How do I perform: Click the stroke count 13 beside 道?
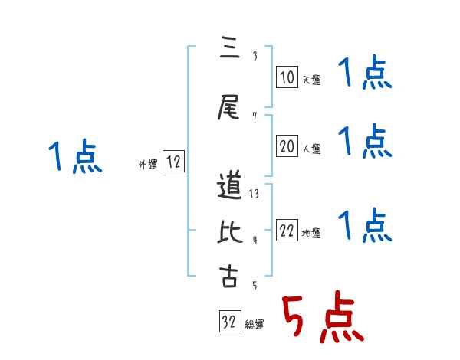click(x=254, y=194)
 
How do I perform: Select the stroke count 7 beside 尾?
click(x=255, y=116)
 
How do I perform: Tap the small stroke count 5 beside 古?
click(x=254, y=285)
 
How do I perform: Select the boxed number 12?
click(x=173, y=162)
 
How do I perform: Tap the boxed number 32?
click(x=228, y=322)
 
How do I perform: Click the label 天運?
click(x=311, y=80)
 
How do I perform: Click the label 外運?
click(x=148, y=164)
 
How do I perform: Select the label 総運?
click(x=254, y=325)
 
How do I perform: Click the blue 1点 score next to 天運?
click(x=364, y=75)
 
